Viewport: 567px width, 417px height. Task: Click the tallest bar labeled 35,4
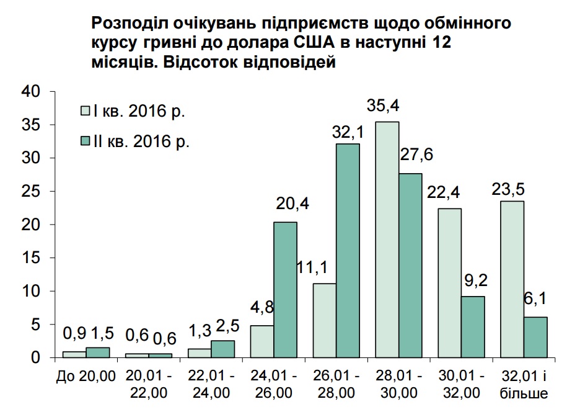[x=387, y=240]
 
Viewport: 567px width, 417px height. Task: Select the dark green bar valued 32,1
[x=348, y=251]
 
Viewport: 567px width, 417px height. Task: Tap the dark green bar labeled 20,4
[x=285, y=290]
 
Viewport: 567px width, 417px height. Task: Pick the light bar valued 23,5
[x=512, y=279]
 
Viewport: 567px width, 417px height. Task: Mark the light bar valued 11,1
[x=324, y=320]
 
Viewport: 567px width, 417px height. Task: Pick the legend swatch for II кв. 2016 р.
[x=87, y=141]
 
